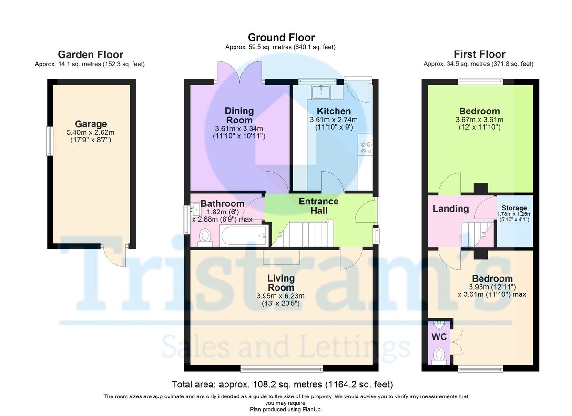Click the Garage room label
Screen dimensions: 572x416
click(x=91, y=124)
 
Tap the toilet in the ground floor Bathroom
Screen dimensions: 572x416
click(x=205, y=237)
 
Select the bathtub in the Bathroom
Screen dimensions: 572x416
click(x=244, y=235)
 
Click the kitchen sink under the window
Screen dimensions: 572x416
click(x=321, y=92)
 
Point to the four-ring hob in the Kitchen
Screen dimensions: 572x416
click(x=366, y=148)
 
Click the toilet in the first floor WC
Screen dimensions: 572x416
click(x=439, y=356)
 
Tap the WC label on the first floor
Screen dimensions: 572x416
click(x=439, y=337)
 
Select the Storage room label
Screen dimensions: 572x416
click(x=514, y=208)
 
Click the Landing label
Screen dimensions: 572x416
click(x=451, y=209)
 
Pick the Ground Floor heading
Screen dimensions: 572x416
click(x=281, y=38)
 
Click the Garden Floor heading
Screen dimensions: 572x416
click(x=91, y=55)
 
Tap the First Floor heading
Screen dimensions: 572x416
click(x=480, y=54)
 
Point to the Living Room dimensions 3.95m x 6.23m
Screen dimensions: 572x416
click(x=280, y=296)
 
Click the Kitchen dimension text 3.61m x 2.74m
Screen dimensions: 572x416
click(x=334, y=120)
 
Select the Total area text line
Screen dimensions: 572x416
click(x=282, y=384)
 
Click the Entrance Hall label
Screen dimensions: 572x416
click(x=319, y=206)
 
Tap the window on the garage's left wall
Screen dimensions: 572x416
click(x=50, y=141)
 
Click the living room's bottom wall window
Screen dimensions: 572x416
click(x=282, y=368)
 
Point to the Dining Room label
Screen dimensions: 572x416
click(x=239, y=115)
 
